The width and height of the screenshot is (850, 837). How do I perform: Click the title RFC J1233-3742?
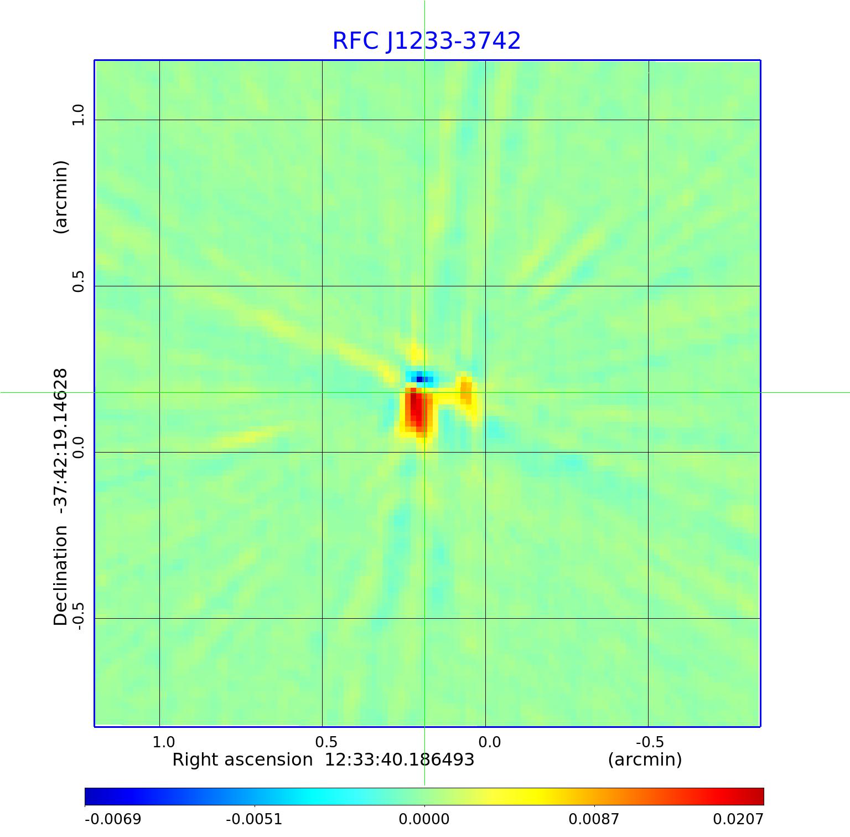(426, 41)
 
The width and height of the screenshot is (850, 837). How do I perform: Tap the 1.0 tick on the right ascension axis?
(164, 742)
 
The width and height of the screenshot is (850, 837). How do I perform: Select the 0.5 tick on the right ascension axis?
(326, 742)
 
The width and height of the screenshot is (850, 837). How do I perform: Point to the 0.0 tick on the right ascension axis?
(489, 742)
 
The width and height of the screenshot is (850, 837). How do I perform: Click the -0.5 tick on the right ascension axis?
(650, 742)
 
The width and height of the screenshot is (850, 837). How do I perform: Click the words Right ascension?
(242, 759)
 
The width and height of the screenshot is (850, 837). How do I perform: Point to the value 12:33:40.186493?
(399, 759)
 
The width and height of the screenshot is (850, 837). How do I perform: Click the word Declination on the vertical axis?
(60, 576)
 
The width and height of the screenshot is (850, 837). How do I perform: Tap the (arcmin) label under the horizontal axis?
(645, 759)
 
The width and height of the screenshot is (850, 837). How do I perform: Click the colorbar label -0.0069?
(113, 819)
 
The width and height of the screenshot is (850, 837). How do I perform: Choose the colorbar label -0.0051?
(255, 819)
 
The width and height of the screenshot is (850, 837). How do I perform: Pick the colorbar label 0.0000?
(424, 819)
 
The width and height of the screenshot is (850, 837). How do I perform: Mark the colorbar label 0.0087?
(594, 819)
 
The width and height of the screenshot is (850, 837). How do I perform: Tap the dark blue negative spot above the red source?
(419, 379)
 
